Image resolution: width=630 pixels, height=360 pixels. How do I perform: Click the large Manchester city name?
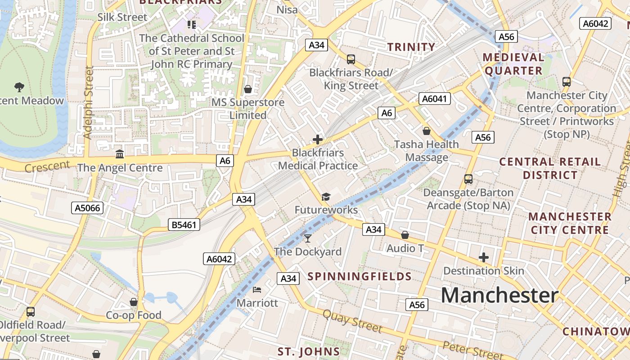coord(499,296)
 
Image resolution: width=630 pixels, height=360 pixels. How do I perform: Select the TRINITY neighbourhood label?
coord(411,47)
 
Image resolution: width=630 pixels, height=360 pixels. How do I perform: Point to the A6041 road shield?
coord(434,99)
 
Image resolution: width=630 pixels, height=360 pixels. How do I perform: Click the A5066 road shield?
coord(87,207)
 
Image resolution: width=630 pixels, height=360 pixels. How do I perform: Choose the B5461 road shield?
coord(184,225)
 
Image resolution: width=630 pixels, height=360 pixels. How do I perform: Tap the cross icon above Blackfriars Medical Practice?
coord(318,139)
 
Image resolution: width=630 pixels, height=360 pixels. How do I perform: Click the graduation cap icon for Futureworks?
coord(326,197)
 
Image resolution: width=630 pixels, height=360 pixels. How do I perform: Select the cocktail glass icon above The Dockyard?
coord(308,238)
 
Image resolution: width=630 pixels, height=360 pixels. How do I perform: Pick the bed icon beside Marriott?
coord(257,289)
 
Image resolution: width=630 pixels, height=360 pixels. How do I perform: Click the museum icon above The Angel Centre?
coord(120,154)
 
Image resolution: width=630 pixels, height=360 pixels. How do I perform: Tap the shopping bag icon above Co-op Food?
coord(134,301)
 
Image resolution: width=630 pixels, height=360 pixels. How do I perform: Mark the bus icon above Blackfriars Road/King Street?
coord(351,59)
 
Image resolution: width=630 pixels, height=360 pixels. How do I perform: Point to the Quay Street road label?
coord(352,320)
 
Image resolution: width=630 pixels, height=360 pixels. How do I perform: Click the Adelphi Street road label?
coord(89,103)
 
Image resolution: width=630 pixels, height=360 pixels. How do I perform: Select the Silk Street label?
coord(122,17)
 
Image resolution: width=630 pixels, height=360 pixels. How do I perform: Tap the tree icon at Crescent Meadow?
coord(19,87)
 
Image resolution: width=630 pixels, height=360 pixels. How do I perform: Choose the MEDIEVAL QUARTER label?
coord(513,64)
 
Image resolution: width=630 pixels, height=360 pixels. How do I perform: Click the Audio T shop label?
coord(405,248)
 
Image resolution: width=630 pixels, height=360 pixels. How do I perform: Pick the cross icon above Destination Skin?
coord(484,257)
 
